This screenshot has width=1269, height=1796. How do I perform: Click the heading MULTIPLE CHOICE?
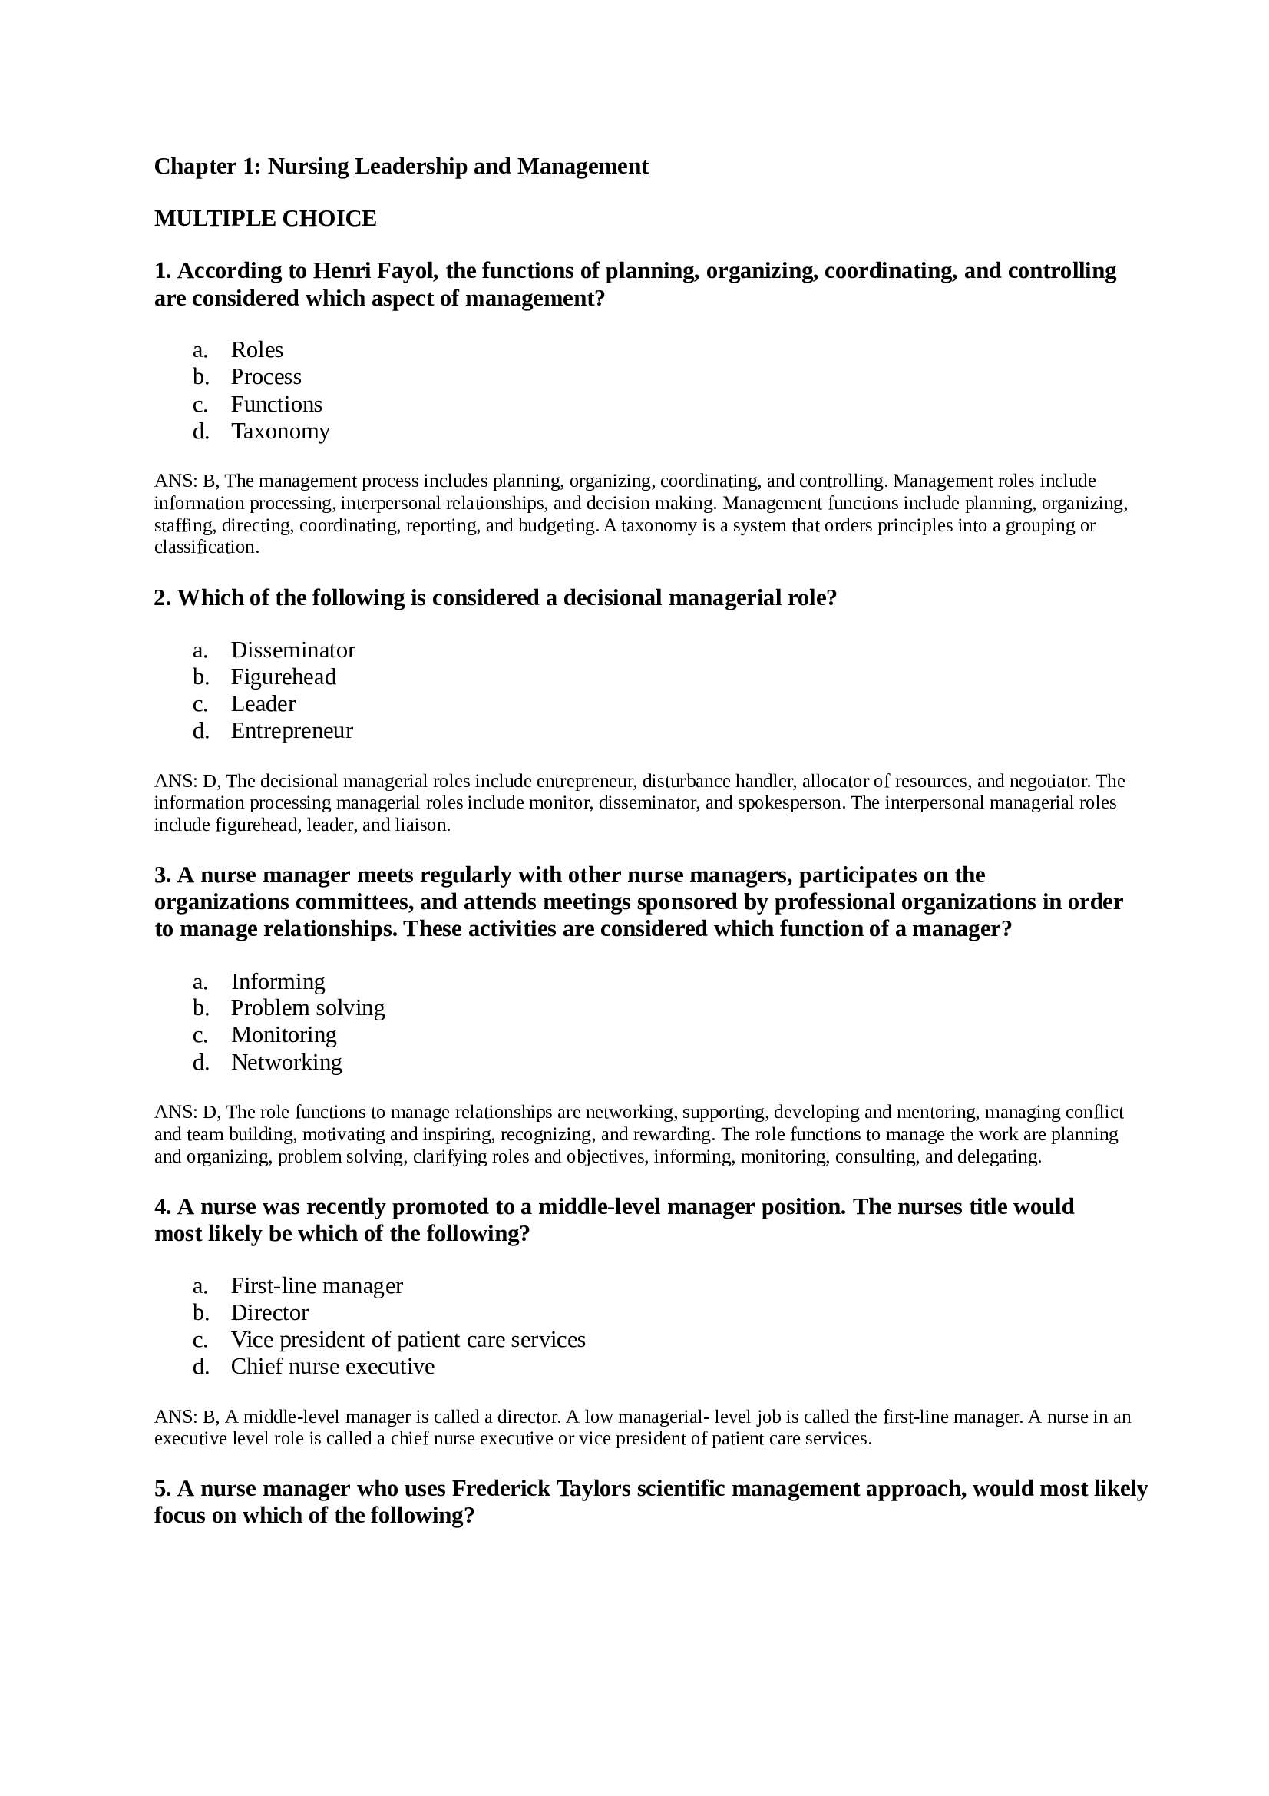coord(265,218)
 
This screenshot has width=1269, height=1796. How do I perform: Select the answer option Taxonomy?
coord(280,431)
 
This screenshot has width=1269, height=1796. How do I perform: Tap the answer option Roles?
coord(256,349)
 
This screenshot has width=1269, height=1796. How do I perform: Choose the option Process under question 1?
coord(266,377)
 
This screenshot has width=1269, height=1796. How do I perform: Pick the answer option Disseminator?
coord(292,650)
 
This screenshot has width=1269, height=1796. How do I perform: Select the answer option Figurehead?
coord(283,676)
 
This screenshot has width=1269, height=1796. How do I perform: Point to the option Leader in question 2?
coord(263,704)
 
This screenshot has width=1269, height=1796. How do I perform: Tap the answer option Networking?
coord(286,1062)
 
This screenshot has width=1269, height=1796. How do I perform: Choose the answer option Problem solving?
coord(307,1007)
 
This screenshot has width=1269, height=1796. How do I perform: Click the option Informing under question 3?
coord(278,982)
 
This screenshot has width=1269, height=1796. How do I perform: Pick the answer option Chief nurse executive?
coord(332,1367)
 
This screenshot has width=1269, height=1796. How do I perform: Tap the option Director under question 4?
coord(269,1312)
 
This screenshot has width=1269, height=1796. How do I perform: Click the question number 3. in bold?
coord(163,875)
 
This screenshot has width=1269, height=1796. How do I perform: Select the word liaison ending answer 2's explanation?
coord(422,825)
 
